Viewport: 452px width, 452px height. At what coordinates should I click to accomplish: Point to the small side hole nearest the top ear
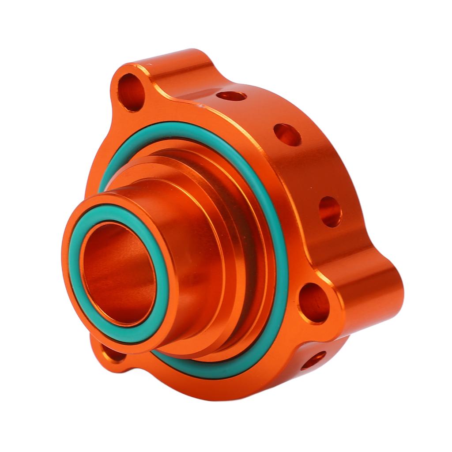(232, 96)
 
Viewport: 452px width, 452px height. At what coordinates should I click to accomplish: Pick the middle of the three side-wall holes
(287, 134)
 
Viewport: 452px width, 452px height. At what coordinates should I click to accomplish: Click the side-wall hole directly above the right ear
(330, 211)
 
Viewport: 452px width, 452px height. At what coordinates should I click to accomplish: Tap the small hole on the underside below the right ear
(314, 360)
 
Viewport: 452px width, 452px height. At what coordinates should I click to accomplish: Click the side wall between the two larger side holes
(309, 172)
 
